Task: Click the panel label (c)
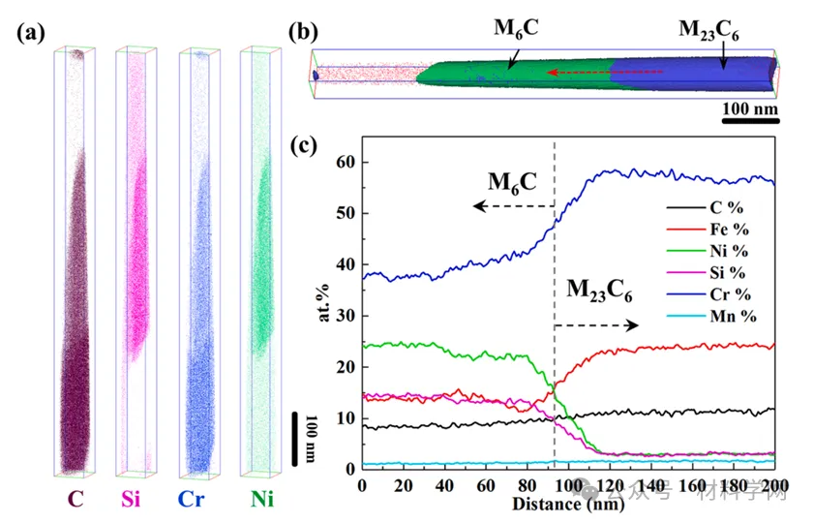[307, 146]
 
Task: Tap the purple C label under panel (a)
[75, 500]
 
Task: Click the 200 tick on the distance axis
[773, 482]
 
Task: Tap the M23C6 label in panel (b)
[711, 29]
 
